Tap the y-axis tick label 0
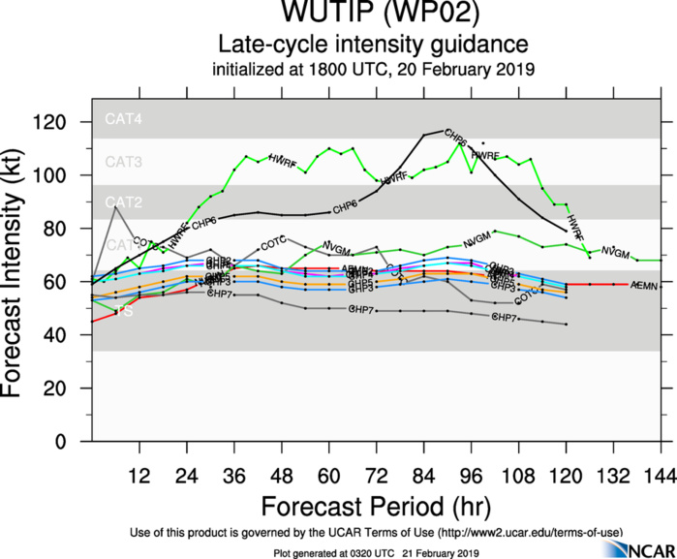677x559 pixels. click(x=76, y=441)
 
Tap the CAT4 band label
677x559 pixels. click(x=124, y=120)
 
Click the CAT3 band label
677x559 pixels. click(x=124, y=161)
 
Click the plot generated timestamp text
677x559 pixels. click(x=378, y=552)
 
